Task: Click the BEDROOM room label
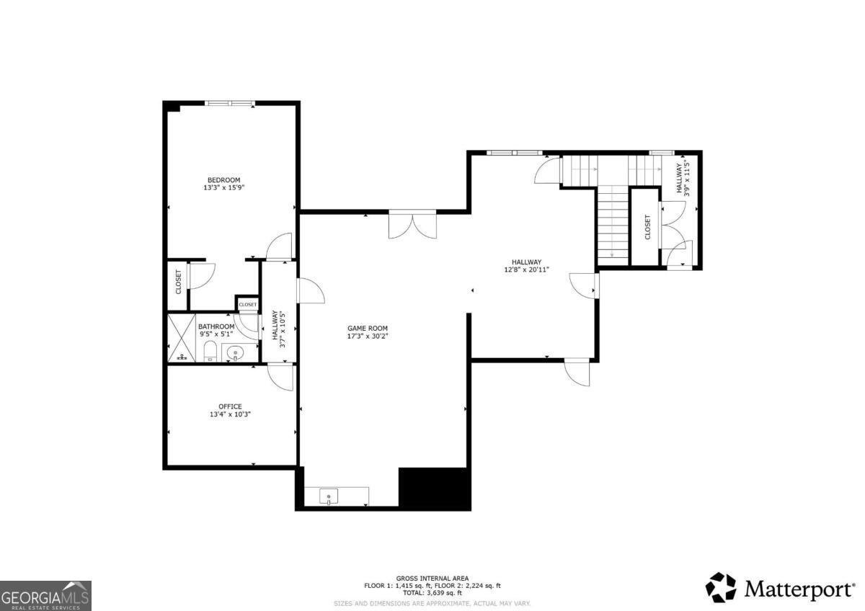(x=223, y=180)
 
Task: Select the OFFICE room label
(x=231, y=406)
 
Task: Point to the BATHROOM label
(x=216, y=326)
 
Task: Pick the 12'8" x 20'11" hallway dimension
(x=526, y=270)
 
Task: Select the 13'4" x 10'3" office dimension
(x=231, y=414)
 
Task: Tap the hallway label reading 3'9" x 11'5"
(x=683, y=178)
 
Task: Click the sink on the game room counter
(x=329, y=496)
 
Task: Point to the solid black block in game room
(x=434, y=488)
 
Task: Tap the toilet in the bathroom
(x=210, y=352)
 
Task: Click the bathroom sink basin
(x=235, y=353)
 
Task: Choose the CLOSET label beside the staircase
(x=647, y=227)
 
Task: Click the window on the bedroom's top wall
(x=230, y=104)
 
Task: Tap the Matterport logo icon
(x=720, y=587)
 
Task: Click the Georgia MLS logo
(x=45, y=595)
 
